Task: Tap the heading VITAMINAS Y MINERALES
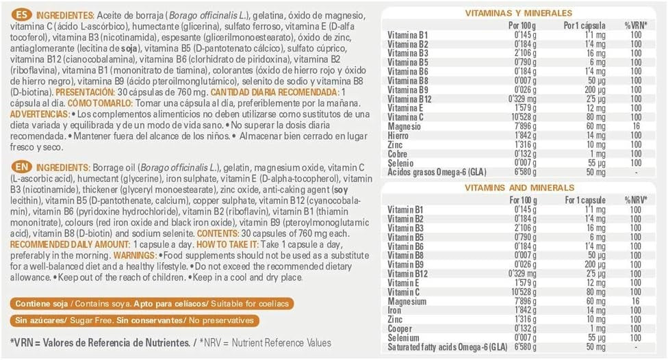[518, 13]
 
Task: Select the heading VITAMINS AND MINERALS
[518, 187]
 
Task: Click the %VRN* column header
[634, 25]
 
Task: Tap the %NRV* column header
[634, 199]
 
